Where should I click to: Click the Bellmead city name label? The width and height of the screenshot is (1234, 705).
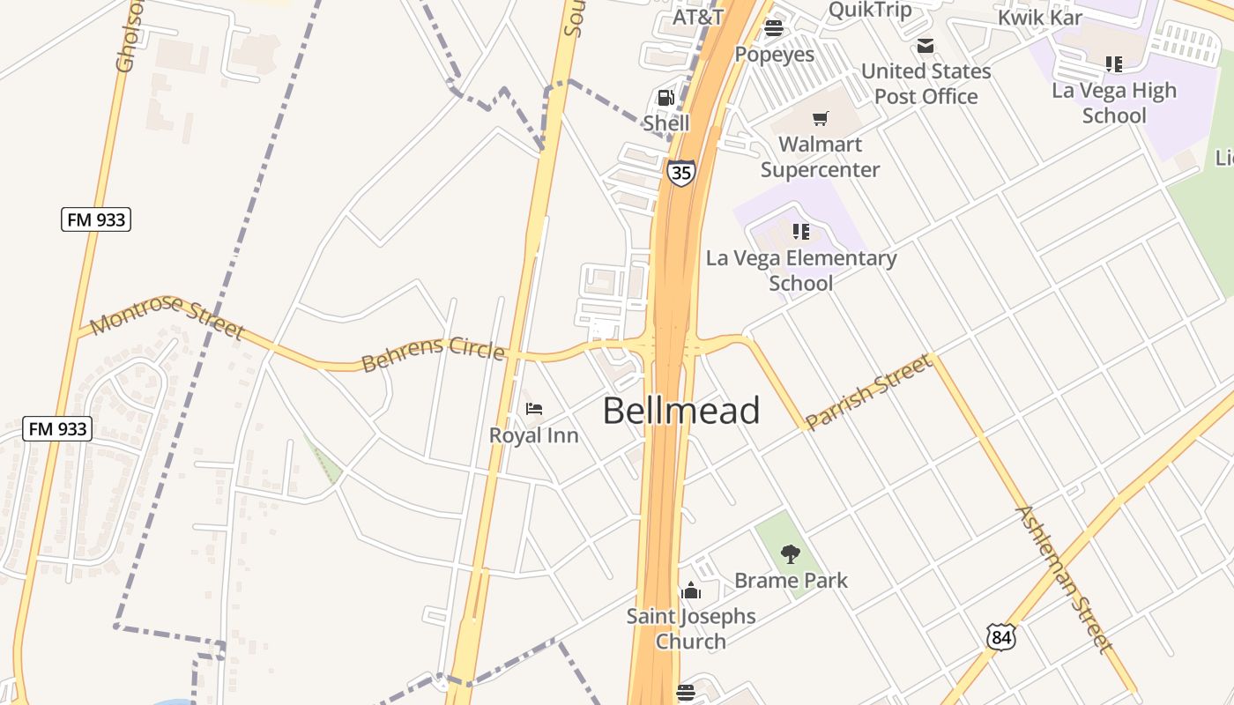[681, 411]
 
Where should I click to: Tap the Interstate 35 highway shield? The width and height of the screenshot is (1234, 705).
[680, 172]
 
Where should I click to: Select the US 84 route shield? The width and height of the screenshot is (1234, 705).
[1000, 636]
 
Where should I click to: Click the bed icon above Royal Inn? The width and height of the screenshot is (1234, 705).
[534, 409]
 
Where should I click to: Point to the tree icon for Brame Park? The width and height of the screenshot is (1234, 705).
[791, 554]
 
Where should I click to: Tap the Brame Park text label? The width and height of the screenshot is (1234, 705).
[791, 580]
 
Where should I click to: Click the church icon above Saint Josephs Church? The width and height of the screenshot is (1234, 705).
[691, 590]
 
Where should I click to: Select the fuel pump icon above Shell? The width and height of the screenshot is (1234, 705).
[666, 97]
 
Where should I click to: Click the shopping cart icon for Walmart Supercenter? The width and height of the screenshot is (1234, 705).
[821, 118]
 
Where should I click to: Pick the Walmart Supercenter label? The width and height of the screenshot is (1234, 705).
[820, 157]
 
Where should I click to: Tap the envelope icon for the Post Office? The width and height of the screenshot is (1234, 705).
[925, 46]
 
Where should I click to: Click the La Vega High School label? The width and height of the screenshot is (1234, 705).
[1114, 102]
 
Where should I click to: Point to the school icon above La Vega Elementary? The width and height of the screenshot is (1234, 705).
[800, 232]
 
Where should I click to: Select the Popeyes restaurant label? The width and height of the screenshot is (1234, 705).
[775, 54]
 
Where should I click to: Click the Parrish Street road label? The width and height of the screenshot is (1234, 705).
[869, 391]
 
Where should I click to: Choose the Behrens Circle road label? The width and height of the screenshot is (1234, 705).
[433, 353]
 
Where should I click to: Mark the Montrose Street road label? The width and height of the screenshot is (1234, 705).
[167, 316]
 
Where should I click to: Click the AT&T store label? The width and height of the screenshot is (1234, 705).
[698, 17]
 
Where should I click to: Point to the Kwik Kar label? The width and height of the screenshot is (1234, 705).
[1040, 17]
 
